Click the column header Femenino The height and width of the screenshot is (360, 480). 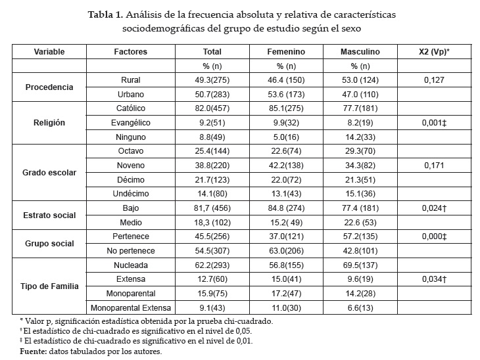289,51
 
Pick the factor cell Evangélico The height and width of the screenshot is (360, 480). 130,122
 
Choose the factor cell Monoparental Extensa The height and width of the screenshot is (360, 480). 130,307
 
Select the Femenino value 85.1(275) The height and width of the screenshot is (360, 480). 289,108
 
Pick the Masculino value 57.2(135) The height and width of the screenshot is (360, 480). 360,236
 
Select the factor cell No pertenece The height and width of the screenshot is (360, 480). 130,250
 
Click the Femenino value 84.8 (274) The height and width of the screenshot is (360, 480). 289,208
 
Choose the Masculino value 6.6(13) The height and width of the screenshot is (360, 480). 360,307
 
